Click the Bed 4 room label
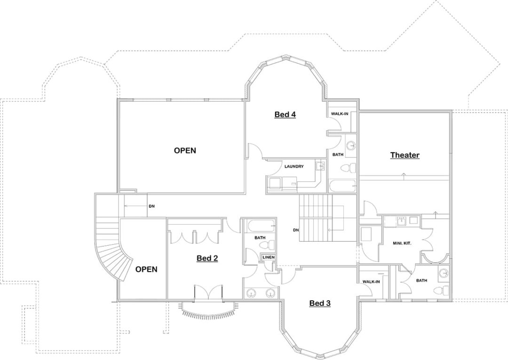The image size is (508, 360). [285, 115]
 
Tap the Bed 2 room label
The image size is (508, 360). [207, 258]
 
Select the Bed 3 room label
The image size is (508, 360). [320, 303]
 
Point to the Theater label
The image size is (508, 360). [405, 155]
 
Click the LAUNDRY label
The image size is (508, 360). [294, 166]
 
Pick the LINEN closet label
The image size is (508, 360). [269, 257]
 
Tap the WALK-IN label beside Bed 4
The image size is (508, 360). [340, 114]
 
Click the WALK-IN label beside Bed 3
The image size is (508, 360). [371, 282]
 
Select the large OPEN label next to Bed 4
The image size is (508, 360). [185, 150]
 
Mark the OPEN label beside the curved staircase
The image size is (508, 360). [146, 269]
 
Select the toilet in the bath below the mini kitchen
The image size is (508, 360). [440, 290]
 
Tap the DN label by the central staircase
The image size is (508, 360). [295, 230]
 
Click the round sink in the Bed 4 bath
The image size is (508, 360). [350, 145]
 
